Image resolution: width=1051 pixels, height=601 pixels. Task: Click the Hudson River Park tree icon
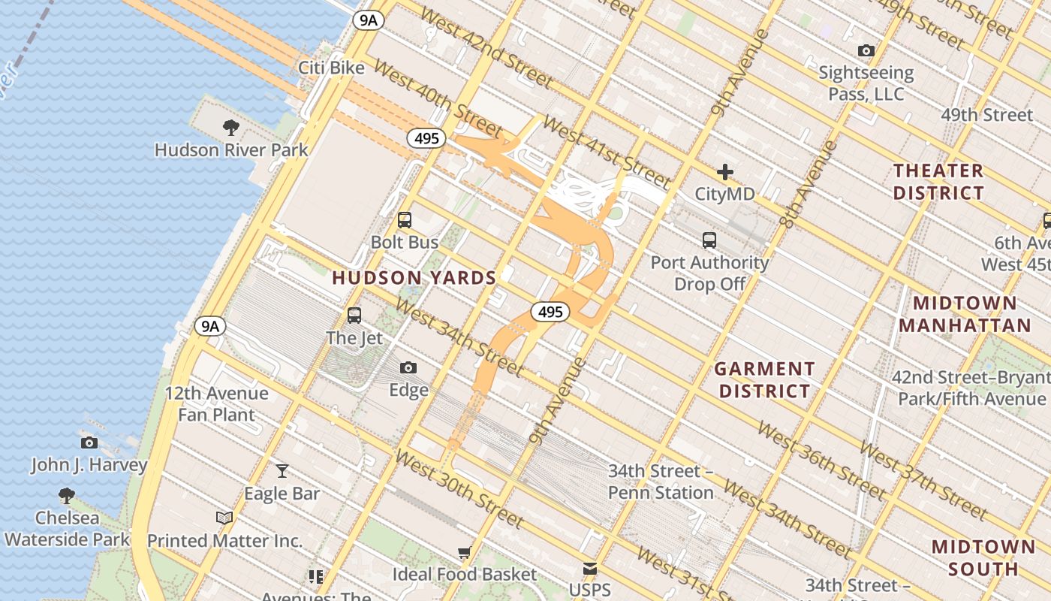click(x=231, y=127)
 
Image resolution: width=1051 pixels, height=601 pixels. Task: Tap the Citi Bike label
click(x=331, y=68)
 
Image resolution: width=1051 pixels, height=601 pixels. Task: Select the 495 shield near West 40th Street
click(x=427, y=138)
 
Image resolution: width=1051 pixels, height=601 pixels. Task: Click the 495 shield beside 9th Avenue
click(x=550, y=312)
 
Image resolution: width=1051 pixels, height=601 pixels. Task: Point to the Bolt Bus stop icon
click(x=405, y=220)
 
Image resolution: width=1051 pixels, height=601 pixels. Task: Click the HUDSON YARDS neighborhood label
click(x=414, y=278)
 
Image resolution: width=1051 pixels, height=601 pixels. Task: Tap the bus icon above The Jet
click(x=354, y=316)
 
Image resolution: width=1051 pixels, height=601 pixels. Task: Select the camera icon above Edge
click(x=408, y=367)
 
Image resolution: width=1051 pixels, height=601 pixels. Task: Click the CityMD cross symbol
click(x=724, y=172)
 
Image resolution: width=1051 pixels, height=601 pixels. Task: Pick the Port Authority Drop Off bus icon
click(x=709, y=240)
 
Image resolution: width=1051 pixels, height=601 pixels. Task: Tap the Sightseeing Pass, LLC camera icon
click(x=866, y=51)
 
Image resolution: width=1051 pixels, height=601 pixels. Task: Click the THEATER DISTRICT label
click(x=938, y=182)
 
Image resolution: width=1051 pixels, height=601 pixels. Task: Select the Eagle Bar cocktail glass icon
click(x=282, y=471)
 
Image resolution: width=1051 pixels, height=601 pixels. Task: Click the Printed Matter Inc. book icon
click(x=224, y=518)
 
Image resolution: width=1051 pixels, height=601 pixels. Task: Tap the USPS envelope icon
click(x=590, y=569)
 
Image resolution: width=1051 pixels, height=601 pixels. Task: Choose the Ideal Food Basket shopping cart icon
click(x=465, y=553)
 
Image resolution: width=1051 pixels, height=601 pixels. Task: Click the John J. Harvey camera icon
click(x=89, y=442)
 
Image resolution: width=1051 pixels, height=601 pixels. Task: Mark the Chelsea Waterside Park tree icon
click(x=67, y=495)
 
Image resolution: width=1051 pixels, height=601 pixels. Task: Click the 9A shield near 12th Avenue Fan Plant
click(x=210, y=326)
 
